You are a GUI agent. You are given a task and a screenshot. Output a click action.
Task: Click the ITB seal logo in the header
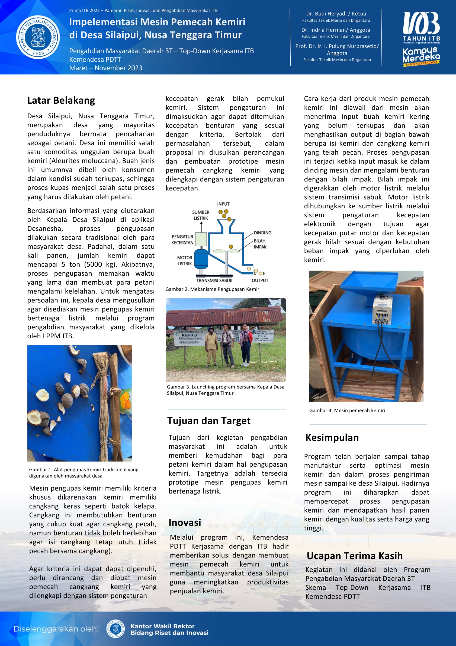(38, 37)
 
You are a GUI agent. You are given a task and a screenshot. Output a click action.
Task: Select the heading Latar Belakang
(61, 100)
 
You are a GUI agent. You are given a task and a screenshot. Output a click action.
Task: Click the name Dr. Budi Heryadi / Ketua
(336, 14)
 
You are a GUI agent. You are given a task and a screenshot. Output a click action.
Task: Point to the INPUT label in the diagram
(223, 204)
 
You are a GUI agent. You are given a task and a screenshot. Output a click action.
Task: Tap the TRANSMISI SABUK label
(214, 281)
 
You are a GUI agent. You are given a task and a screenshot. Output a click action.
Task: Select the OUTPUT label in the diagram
(260, 281)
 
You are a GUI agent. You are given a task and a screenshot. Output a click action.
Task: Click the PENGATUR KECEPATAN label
(182, 240)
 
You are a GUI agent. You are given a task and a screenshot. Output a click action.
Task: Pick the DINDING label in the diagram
(263, 233)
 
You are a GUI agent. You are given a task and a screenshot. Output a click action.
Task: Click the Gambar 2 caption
(213, 289)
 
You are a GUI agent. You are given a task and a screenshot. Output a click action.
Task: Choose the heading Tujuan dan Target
(208, 421)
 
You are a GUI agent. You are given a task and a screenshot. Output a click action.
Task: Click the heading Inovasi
(185, 523)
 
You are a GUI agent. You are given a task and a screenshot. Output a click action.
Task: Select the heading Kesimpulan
(332, 438)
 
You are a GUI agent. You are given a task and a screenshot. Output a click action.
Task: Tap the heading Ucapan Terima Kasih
(355, 556)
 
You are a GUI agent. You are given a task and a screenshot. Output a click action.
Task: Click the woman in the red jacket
(245, 345)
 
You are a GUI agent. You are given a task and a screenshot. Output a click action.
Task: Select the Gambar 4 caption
(347, 410)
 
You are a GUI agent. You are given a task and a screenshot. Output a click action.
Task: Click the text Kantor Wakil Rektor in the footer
(162, 626)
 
